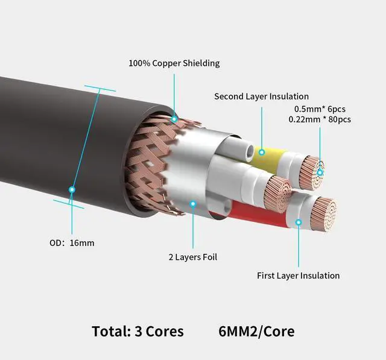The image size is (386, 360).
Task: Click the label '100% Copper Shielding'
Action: (174, 63)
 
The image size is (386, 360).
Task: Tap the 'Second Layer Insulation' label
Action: (261, 96)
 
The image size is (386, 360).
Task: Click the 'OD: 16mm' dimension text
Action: (72, 243)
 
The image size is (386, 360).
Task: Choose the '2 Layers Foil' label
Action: (192, 257)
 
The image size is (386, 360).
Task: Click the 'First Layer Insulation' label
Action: (298, 276)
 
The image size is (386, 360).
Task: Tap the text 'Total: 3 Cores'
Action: (138, 331)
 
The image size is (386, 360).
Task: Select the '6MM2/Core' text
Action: (257, 331)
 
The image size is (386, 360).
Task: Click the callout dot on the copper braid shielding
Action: (174, 119)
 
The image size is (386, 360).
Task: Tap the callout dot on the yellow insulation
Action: (262, 152)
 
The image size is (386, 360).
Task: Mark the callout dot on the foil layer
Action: (192, 204)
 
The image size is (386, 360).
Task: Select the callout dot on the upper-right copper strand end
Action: (320, 172)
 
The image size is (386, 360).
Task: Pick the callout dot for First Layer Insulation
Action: (298, 223)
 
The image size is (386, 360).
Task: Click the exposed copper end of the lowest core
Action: (323, 212)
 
